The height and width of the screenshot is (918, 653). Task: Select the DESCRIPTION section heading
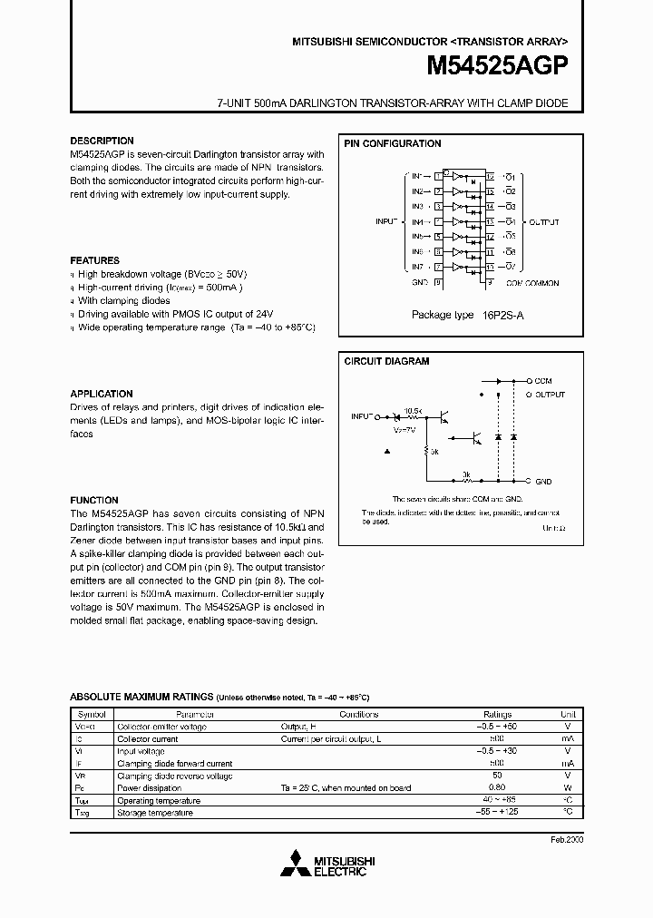pos(102,141)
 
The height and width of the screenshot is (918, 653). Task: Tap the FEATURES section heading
pos(94,260)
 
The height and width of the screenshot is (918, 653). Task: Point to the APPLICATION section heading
pos(102,394)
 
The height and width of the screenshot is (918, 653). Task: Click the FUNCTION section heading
pos(94,500)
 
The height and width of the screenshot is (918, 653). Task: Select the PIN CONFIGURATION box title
pos(392,143)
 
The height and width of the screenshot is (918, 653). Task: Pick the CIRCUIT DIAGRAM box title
pos(386,361)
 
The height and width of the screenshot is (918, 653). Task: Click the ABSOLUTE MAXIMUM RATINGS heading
pos(141,697)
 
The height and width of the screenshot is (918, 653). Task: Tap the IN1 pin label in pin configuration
pos(416,176)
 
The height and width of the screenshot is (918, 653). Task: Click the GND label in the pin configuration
pos(418,282)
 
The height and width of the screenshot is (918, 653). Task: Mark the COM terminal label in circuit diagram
pos(543,381)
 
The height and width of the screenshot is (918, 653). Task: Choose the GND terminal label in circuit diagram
pos(543,481)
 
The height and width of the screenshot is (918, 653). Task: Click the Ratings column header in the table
pos(497,715)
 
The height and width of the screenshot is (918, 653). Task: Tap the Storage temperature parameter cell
pos(154,813)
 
